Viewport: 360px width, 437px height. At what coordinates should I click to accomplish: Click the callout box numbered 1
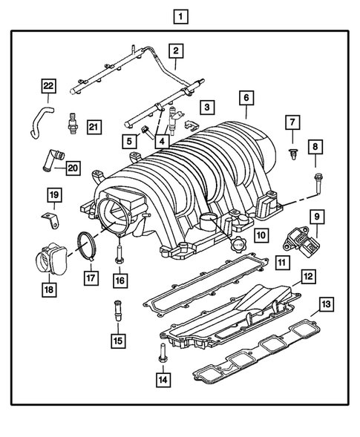pyautogui.click(x=179, y=15)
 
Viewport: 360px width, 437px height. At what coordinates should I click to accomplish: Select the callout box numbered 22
pyautogui.click(x=48, y=86)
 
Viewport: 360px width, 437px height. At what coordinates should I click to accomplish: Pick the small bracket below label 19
pyautogui.click(x=48, y=220)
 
